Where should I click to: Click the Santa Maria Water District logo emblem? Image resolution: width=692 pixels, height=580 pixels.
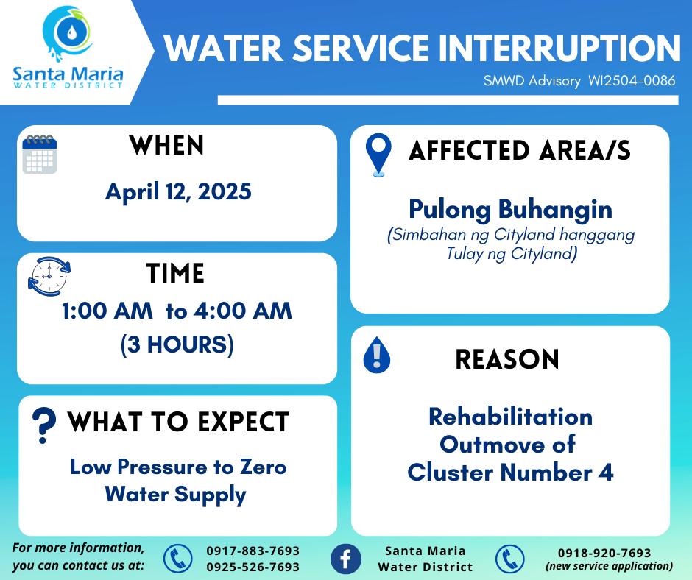tap(68, 32)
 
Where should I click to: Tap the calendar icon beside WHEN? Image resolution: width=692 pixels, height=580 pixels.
tap(40, 154)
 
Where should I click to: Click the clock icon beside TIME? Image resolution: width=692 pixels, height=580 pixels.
tap(49, 276)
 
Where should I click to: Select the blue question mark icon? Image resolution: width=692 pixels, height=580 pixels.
tap(44, 425)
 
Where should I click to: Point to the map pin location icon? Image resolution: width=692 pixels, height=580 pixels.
tap(378, 155)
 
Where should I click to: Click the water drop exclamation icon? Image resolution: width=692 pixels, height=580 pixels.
tap(376, 355)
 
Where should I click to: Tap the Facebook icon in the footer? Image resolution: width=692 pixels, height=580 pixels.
tap(346, 559)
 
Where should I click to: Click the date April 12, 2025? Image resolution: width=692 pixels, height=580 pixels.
tap(178, 191)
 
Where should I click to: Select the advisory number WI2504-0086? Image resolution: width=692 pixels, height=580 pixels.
tap(632, 80)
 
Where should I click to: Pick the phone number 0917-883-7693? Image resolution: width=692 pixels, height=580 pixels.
tap(253, 551)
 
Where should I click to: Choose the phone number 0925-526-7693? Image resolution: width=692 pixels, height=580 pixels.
tap(253, 567)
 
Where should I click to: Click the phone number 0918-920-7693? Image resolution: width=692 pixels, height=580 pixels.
tap(604, 553)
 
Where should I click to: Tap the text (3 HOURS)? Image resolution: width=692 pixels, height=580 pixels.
tap(177, 344)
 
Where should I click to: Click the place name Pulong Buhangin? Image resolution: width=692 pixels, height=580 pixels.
tap(511, 209)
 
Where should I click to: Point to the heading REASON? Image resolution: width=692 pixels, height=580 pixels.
tap(507, 359)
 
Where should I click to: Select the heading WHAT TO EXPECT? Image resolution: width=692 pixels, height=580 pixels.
tap(178, 422)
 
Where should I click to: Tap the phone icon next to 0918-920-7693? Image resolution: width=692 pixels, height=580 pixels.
tap(509, 559)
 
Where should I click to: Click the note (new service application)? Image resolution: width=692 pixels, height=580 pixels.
tap(610, 566)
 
